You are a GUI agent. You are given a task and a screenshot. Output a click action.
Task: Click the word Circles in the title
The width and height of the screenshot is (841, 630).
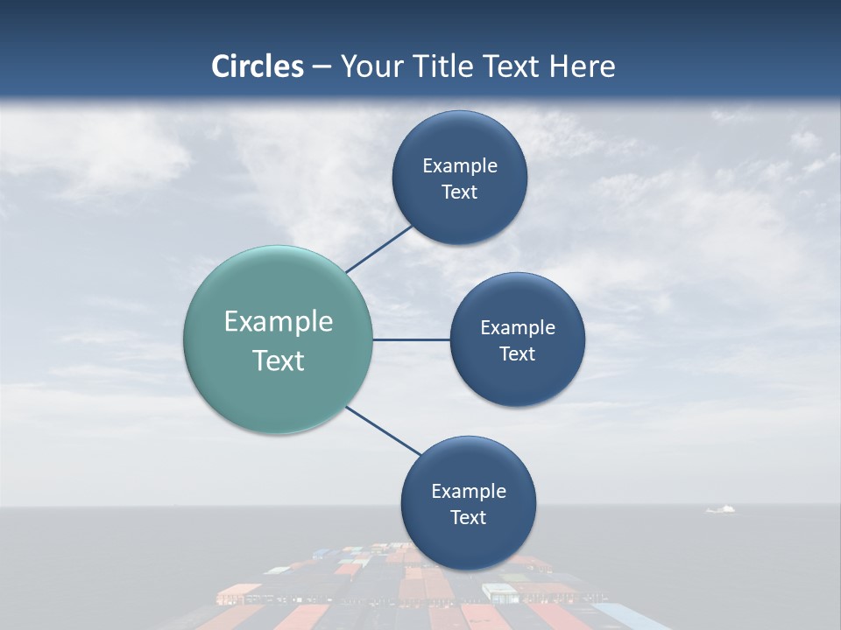pos(257,66)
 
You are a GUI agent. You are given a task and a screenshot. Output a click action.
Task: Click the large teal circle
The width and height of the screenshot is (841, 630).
pos(278,339)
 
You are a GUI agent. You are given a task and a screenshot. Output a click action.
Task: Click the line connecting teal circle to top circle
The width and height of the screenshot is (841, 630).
pos(378,249)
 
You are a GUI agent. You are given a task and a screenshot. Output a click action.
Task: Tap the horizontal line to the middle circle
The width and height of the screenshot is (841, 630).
pos(411,339)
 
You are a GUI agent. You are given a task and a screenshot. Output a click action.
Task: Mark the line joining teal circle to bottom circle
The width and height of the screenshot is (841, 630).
pos(384,431)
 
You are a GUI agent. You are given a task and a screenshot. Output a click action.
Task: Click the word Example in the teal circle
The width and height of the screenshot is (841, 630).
pos(278,322)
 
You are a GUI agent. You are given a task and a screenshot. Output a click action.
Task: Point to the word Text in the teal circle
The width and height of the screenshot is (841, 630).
pos(278,360)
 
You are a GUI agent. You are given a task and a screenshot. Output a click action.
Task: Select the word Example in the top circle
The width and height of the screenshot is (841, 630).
pos(459,165)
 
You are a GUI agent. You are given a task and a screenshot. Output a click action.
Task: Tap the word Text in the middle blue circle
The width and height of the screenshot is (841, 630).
pos(517,353)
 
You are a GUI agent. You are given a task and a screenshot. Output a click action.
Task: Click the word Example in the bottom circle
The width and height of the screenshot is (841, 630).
pos(468,491)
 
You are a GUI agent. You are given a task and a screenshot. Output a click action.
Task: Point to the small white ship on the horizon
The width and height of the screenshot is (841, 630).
pos(721,508)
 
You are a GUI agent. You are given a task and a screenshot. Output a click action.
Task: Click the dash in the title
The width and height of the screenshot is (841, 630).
pos(322,66)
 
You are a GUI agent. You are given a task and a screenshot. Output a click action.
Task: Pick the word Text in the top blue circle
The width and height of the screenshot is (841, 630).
pos(459,192)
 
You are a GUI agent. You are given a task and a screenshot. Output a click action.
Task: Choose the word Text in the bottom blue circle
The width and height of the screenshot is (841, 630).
pos(468,517)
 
